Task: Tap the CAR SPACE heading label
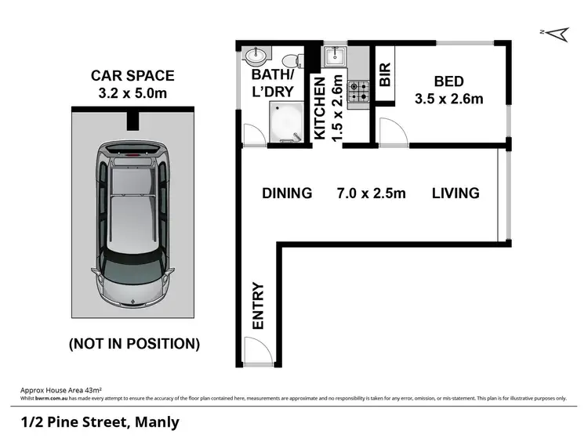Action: pos(132,76)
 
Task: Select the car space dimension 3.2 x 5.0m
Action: pos(132,93)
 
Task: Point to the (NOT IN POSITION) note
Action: pos(134,343)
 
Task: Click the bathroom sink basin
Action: pos(256,57)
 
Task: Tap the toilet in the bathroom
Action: pos(291,58)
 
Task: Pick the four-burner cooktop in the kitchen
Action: pos(359,92)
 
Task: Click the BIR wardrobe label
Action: pos(385,74)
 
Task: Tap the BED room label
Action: pos(448,81)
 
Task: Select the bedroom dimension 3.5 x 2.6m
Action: pos(448,99)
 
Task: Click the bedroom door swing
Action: pos(392,132)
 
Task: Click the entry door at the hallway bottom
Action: pos(255,351)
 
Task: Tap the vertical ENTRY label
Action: pos(258,305)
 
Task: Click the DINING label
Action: pos(287,193)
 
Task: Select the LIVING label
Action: pos(456,193)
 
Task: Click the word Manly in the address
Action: pos(158,422)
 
